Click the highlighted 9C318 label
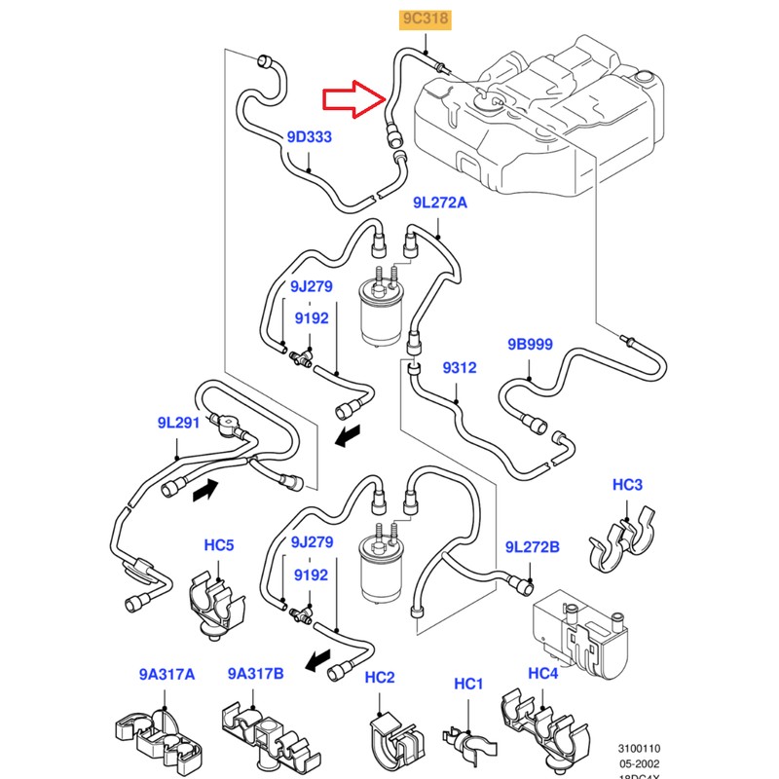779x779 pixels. click(428, 18)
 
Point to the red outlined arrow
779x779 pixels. click(353, 97)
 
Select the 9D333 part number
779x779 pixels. click(310, 137)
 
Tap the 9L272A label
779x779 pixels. click(439, 203)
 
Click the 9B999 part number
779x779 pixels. click(530, 345)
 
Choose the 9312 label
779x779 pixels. click(459, 367)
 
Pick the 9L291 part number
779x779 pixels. click(178, 423)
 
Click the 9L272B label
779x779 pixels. click(532, 547)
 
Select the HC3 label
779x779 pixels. click(627, 485)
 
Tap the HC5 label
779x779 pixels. click(219, 546)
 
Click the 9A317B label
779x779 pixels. click(256, 673)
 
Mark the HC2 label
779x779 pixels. click(380, 678)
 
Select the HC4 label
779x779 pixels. click(542, 673)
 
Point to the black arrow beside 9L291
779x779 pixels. click(205, 493)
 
